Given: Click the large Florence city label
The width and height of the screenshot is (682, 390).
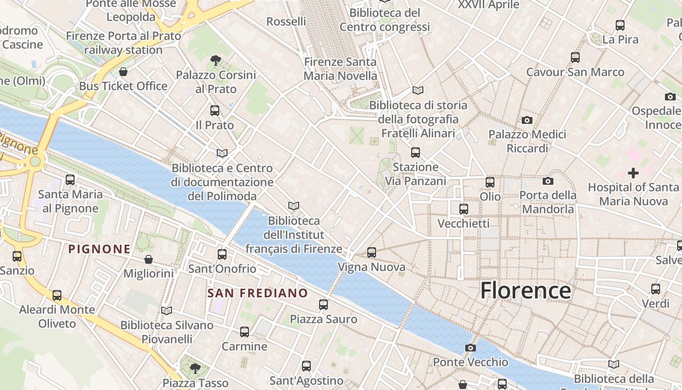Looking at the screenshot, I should click(x=525, y=291).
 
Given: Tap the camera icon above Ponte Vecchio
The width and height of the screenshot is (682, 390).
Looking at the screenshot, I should click(x=470, y=348).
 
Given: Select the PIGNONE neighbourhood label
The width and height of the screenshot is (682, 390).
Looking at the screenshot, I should click(x=99, y=249).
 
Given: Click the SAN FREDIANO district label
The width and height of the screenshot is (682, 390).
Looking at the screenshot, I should click(x=258, y=293).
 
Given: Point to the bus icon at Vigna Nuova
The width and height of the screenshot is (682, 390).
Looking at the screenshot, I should click(x=372, y=253).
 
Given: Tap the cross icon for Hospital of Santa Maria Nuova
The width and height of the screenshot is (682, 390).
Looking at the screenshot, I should click(x=633, y=173).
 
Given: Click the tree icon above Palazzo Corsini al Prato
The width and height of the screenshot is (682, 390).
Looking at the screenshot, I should click(x=215, y=60).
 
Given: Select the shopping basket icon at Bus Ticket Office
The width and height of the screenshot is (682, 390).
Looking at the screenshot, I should click(x=123, y=72).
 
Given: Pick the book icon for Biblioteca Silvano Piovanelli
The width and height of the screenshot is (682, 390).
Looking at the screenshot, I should click(x=167, y=311).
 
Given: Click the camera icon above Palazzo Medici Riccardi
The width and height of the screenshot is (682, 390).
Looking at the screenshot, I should click(x=527, y=120).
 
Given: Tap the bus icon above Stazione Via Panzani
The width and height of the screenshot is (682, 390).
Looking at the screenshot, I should click(x=416, y=153).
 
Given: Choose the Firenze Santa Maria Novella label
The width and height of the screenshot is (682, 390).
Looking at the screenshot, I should click(x=340, y=69).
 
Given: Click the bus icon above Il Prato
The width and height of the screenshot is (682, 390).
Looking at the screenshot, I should click(x=215, y=111).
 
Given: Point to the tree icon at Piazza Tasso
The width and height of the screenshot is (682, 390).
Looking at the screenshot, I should click(x=195, y=368).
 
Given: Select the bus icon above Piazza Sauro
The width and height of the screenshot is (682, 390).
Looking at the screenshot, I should click(x=323, y=305).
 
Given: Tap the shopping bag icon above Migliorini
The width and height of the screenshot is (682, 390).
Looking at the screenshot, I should click(x=149, y=259).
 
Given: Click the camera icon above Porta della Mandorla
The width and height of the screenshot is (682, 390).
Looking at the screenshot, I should click(x=548, y=181).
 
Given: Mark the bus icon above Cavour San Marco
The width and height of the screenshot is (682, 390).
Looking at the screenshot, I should click(x=575, y=58).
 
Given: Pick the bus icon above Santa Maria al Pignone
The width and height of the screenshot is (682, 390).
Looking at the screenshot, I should click(x=70, y=180).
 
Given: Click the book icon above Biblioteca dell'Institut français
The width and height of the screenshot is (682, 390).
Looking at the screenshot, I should click(x=293, y=206).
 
